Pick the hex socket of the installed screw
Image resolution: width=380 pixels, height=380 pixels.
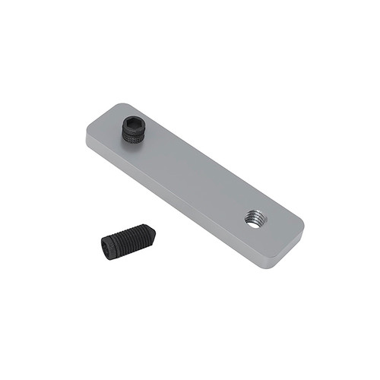135,123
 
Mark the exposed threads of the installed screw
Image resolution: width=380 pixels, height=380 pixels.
133,137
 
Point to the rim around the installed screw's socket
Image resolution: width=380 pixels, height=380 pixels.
127,125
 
